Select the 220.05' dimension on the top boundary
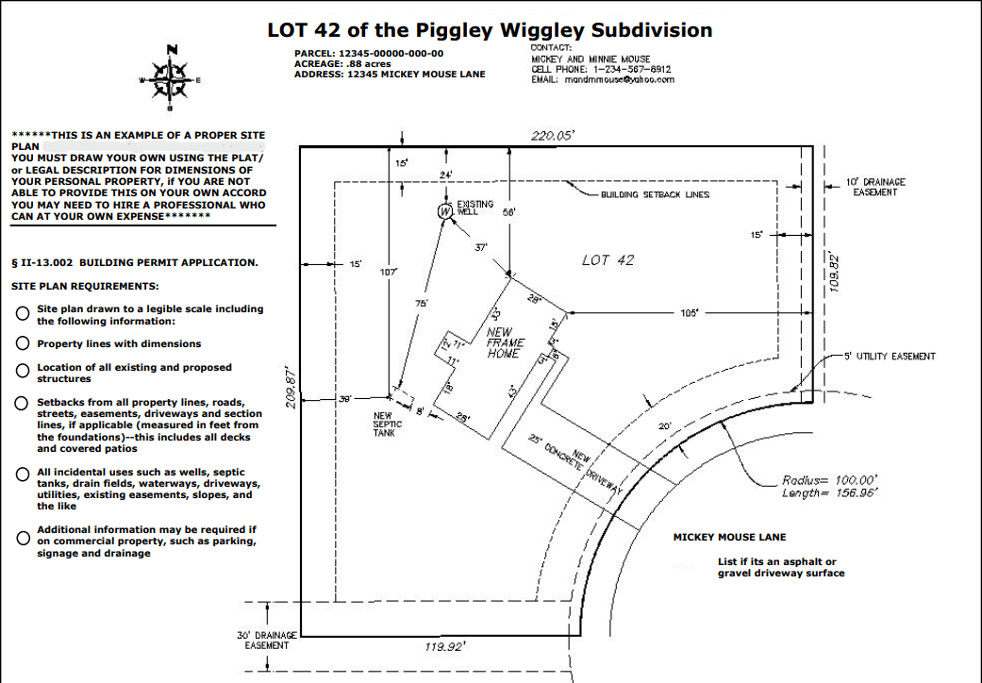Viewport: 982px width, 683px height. [553, 136]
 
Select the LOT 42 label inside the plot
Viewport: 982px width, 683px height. [608, 260]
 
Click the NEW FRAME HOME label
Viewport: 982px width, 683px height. [505, 343]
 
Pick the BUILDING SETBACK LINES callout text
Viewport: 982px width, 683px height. [655, 194]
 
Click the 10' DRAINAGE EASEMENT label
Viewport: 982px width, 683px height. [875, 187]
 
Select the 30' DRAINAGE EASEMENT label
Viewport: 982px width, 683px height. [266, 641]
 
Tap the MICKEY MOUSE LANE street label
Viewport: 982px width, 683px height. [729, 537]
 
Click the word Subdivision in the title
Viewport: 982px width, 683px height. [650, 30]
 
